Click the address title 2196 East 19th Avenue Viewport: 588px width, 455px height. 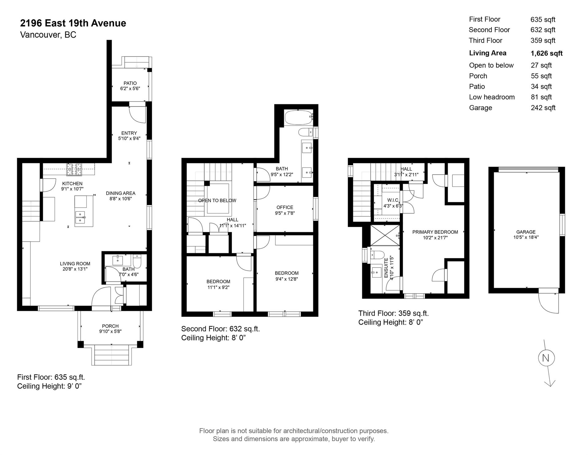click(x=73, y=23)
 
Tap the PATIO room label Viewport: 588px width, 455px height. click(x=130, y=83)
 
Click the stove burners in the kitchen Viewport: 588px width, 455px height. click(x=74, y=170)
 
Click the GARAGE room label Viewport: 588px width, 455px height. click(x=526, y=232)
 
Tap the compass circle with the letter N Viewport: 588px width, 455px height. click(x=546, y=358)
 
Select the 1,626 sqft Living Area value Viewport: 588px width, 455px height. click(x=547, y=53)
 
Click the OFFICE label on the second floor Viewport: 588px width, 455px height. click(x=285, y=207)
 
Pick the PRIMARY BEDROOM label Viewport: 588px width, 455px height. click(x=435, y=232)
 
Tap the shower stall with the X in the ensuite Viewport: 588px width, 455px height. click(x=385, y=235)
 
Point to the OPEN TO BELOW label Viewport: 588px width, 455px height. click(x=217, y=201)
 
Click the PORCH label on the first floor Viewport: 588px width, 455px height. click(x=110, y=326)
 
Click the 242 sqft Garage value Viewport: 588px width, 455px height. click(x=543, y=108)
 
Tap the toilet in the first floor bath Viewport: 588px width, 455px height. click(x=137, y=260)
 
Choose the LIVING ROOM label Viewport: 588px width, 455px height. click(x=75, y=264)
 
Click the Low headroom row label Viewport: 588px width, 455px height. click(x=492, y=97)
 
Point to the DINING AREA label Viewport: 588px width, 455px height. click(x=121, y=193)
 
